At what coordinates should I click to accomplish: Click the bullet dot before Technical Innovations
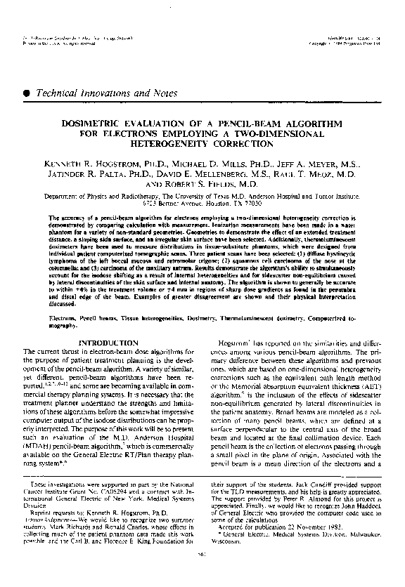click(x=27, y=92)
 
